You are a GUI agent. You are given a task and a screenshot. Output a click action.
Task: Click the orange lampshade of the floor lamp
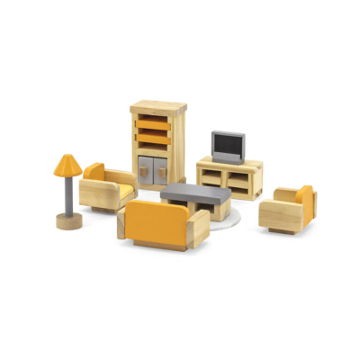67,165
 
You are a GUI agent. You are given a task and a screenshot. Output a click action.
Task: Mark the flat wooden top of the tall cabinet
158,107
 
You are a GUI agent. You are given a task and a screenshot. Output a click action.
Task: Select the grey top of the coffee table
196,192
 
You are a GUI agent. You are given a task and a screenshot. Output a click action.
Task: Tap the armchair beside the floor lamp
106,187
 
